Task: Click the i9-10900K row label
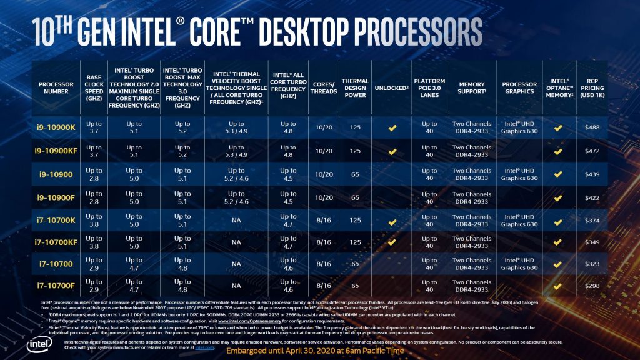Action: click(x=56, y=127)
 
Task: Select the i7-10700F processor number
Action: click(x=56, y=286)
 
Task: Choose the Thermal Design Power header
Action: click(x=355, y=87)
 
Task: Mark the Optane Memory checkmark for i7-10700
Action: click(x=558, y=264)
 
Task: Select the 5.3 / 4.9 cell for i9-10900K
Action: click(x=236, y=127)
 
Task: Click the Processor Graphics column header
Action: click(x=519, y=87)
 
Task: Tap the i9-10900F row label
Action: click(x=56, y=197)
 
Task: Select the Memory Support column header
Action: click(x=472, y=87)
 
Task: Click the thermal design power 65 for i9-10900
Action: click(x=355, y=174)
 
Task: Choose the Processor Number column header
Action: click(x=56, y=87)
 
